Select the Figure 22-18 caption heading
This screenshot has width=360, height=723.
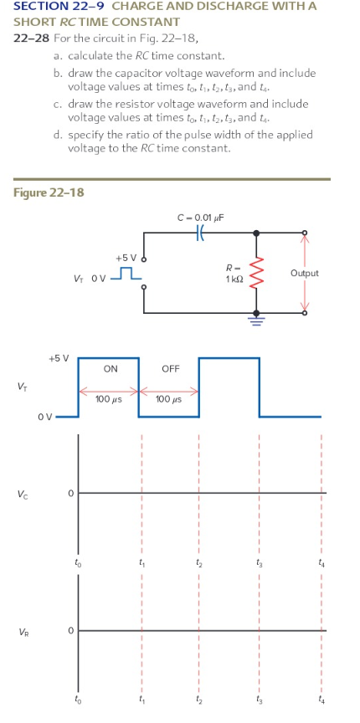pyautogui.click(x=49, y=193)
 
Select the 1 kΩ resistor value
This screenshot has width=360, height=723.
pyautogui.click(x=233, y=278)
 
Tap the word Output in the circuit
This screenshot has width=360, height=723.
pyautogui.click(x=304, y=273)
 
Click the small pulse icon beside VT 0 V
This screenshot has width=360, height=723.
pyautogui.click(x=128, y=274)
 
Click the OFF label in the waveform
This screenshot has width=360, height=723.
pyautogui.click(x=170, y=368)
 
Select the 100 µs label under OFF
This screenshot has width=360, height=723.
pyautogui.click(x=170, y=399)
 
